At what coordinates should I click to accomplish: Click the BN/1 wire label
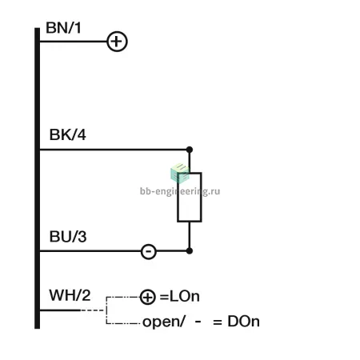(x=63, y=28)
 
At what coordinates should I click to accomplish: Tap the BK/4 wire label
(x=68, y=134)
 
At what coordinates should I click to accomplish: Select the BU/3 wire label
(x=68, y=237)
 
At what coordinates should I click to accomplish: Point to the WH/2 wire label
(x=70, y=295)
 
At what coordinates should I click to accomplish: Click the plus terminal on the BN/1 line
(x=117, y=42)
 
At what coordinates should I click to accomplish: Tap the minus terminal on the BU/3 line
(x=149, y=251)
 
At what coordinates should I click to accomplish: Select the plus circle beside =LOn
(x=147, y=297)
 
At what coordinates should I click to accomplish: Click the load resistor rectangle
(x=178, y=198)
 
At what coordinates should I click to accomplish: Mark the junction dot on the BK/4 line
(x=190, y=150)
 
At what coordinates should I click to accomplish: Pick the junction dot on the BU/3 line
(x=190, y=251)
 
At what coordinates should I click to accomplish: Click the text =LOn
(x=179, y=297)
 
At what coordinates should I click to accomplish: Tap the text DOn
(x=243, y=322)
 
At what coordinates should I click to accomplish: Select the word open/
(x=163, y=322)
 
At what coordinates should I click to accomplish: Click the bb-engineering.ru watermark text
(x=180, y=191)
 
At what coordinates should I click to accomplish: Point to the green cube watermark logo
(x=180, y=174)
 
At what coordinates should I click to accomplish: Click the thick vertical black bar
(x=37, y=178)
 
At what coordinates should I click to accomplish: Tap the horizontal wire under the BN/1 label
(x=74, y=42)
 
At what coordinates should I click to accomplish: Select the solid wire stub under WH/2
(x=60, y=310)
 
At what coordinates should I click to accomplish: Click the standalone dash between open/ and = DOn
(x=198, y=322)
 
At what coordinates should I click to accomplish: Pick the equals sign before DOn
(x=218, y=322)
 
